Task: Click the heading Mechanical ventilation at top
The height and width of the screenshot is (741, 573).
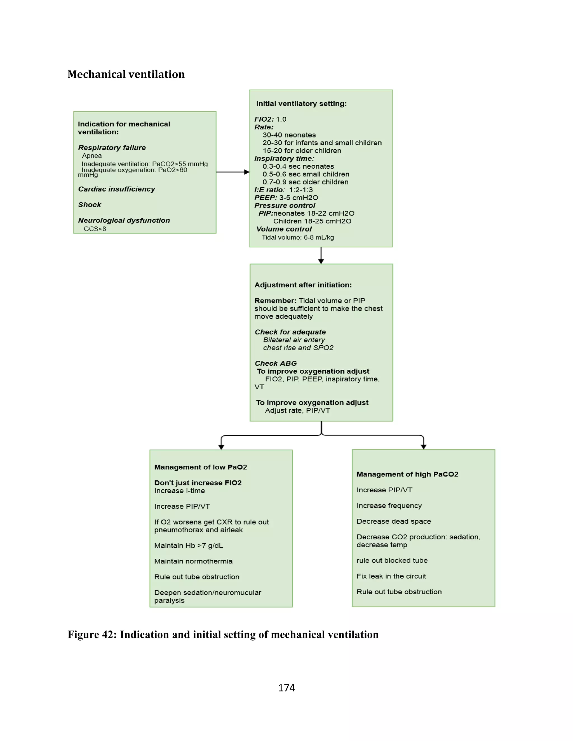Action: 126,74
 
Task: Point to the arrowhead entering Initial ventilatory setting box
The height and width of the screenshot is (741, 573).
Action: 247,172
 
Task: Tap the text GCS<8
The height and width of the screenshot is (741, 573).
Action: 95,229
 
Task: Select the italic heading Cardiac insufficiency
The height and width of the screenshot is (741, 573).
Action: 116,189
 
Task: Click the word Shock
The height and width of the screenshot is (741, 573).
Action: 90,205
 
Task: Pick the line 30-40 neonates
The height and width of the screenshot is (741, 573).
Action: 289,135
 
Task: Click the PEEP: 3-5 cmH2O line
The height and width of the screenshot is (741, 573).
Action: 286,197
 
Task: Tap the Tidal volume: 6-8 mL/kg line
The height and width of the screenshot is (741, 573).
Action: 298,237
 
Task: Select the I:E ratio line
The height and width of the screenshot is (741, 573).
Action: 283,190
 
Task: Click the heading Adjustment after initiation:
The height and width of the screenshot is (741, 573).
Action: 303,285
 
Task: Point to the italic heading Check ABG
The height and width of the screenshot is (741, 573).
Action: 276,364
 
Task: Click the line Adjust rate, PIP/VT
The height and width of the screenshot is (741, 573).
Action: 297,410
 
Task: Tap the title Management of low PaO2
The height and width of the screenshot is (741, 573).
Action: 201,467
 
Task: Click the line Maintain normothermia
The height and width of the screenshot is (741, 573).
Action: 193,561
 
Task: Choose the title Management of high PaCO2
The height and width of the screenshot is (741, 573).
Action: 407,474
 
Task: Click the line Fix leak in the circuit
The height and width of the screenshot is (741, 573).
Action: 391,576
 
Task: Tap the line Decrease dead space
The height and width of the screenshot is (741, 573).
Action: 394,521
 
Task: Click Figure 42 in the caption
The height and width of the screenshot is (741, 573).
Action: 92,634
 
